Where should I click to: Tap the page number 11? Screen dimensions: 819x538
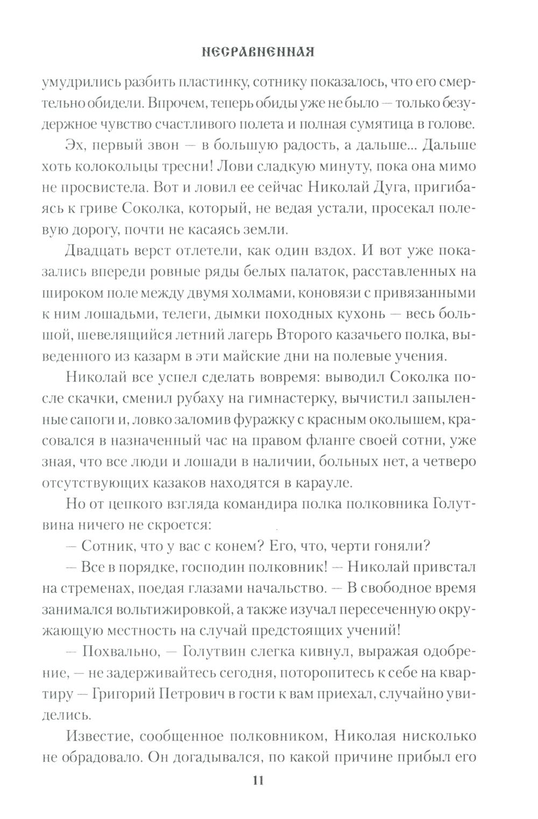pos(257,781)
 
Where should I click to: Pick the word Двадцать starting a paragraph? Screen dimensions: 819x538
pos(96,250)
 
